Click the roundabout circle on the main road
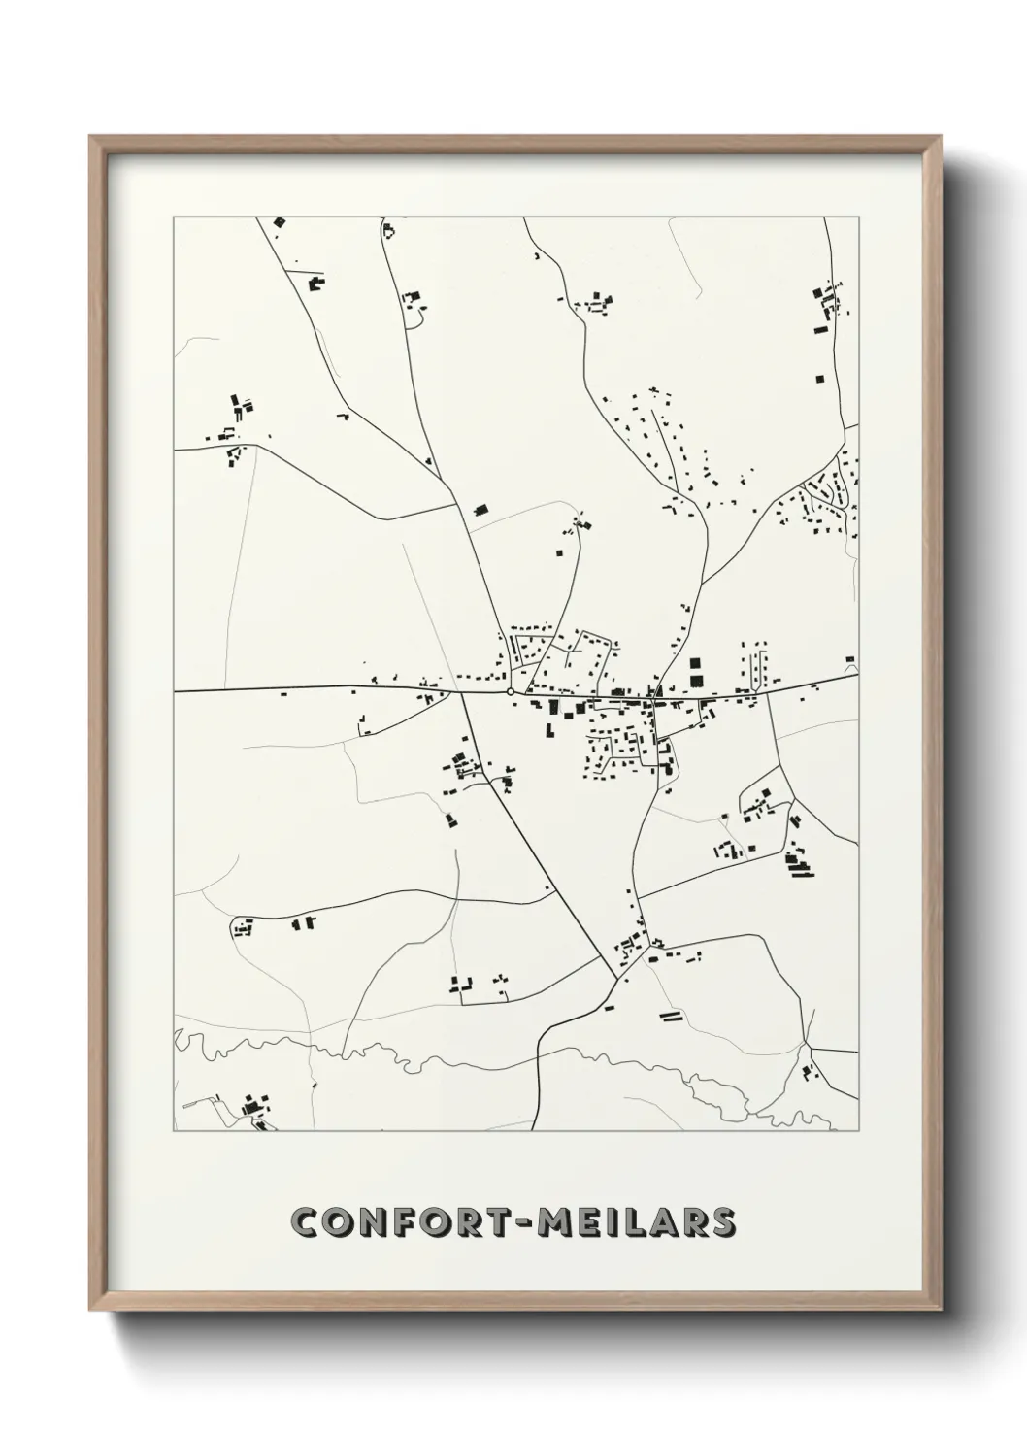click(511, 691)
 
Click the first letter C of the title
click(308, 1222)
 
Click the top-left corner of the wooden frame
click(90, 137)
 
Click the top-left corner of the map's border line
click(174, 217)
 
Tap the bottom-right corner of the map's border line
click(858, 1131)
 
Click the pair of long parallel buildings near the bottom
click(670, 1016)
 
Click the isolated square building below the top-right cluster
click(818, 378)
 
